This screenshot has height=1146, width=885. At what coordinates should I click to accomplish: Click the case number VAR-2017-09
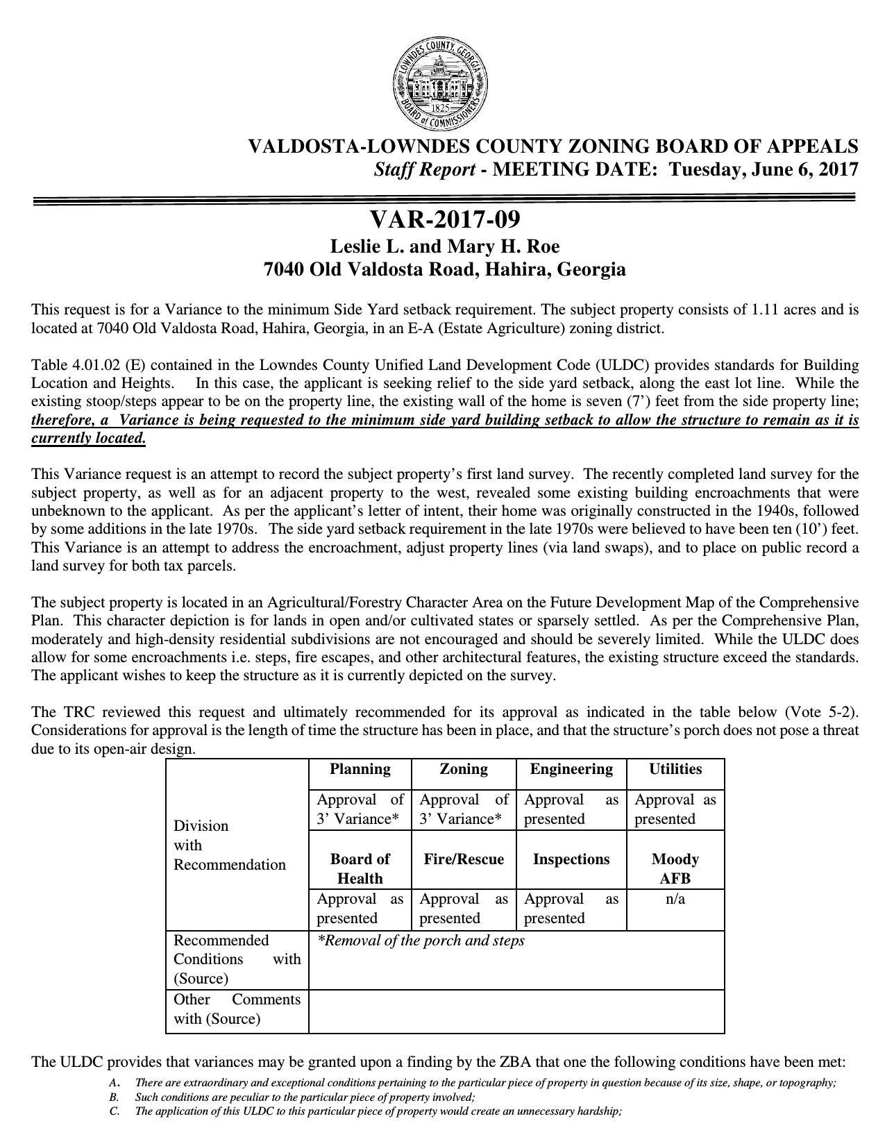444,219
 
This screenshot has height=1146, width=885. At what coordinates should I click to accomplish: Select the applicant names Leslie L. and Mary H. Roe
444,247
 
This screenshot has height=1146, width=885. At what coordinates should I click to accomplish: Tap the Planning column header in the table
360,769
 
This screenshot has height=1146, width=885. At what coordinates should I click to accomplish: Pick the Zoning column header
464,769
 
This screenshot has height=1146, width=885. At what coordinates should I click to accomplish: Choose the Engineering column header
571,769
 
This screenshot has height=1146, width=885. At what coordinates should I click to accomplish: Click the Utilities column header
675,769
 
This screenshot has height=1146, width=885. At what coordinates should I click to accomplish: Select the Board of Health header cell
360,868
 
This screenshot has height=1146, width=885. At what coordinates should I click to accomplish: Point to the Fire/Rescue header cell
464,859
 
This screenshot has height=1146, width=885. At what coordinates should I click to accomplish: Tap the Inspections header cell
571,859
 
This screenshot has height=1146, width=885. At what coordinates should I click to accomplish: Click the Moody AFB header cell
675,868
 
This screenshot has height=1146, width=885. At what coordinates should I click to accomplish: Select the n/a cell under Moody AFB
675,899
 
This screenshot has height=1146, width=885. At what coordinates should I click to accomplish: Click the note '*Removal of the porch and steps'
421,941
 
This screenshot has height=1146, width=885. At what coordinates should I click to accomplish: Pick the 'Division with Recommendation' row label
230,845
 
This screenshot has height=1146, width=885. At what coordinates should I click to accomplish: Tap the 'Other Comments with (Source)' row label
237,1009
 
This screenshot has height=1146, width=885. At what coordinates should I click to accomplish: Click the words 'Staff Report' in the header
424,169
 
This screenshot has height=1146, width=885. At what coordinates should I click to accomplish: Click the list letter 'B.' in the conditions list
114,1097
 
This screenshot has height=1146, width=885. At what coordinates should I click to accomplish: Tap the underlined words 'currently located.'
89,438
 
